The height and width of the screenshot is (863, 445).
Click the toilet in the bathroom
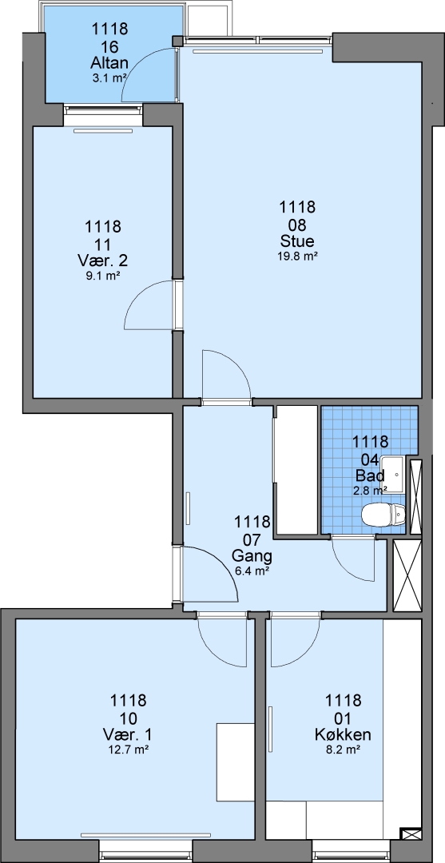pos(383,515)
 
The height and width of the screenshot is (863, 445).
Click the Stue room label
pos(297,241)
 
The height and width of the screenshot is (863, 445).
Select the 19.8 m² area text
pos(297,255)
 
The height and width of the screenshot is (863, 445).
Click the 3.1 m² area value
pos(110,78)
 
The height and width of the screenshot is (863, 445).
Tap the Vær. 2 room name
pos(103,260)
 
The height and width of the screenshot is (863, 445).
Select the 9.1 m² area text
pos(103,276)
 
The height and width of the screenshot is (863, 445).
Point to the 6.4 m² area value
pos(252,571)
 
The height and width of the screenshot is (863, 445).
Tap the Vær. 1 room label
pos(128,734)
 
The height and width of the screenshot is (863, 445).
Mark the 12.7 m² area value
pos(128,749)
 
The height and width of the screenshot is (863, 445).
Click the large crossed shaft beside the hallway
pos(407,575)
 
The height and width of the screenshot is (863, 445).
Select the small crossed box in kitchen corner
pos(411,834)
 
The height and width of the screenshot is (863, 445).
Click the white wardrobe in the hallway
pos(296,470)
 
